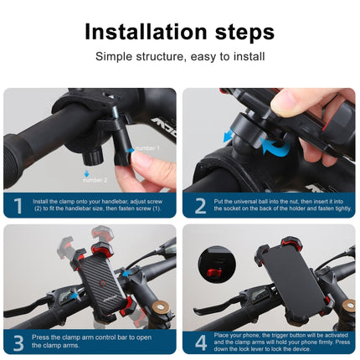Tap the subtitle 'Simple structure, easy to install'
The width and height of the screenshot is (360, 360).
180,57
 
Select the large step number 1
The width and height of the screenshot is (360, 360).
18,204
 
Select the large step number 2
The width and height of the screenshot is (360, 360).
198,204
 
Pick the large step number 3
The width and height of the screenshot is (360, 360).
18,341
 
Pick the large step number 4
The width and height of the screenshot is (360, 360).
198,341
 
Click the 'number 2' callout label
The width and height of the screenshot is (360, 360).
95,179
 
